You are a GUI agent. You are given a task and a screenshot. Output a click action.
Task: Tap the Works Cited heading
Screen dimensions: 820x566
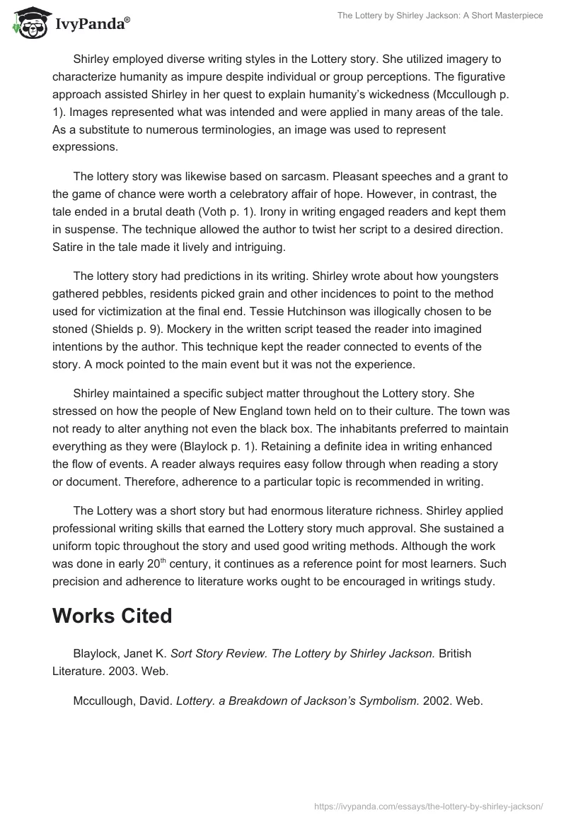coord(112,616)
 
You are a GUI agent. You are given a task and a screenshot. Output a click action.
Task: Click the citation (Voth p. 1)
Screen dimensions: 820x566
coord(216,213)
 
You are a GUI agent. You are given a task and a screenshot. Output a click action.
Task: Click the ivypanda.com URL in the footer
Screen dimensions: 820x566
coord(429,805)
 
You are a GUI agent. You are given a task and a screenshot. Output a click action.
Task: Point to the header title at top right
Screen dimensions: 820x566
coord(440,15)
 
